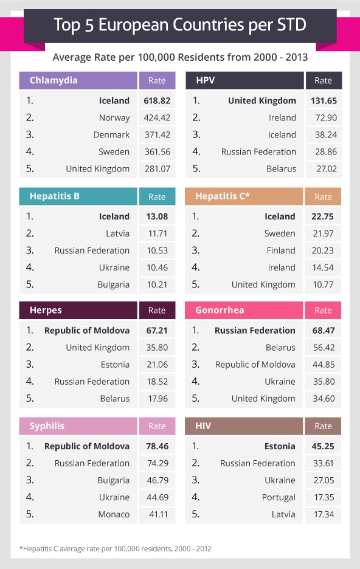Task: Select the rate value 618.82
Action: click(x=157, y=101)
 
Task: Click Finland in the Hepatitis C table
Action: click(x=281, y=250)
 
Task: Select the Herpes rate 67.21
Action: click(x=157, y=331)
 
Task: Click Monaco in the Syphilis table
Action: click(x=114, y=514)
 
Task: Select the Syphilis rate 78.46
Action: click(x=157, y=446)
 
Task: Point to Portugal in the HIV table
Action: click(x=279, y=497)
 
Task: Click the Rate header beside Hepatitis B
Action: click(x=157, y=196)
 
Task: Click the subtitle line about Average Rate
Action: click(x=180, y=57)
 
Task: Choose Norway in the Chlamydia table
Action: click(x=114, y=118)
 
